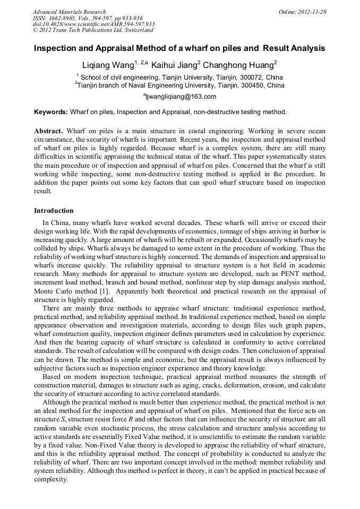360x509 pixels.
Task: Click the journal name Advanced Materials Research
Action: (x=69, y=12)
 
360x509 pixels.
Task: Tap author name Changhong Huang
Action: (x=238, y=65)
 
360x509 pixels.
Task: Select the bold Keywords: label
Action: (x=51, y=112)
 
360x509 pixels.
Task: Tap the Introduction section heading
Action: (x=54, y=211)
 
